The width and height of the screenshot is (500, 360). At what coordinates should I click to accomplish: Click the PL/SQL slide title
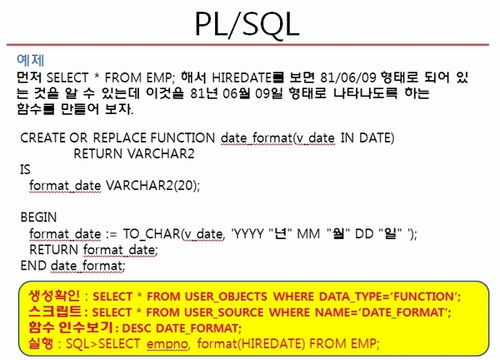247,24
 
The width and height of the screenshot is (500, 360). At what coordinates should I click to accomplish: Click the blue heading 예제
31,60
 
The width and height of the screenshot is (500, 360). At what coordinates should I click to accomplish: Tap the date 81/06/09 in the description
348,77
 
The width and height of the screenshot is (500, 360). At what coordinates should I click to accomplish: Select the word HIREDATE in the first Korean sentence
242,77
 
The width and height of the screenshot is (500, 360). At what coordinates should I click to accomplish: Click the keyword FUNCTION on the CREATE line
182,137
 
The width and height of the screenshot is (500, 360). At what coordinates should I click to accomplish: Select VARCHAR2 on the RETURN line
161,153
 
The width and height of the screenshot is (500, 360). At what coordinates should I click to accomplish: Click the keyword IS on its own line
25,170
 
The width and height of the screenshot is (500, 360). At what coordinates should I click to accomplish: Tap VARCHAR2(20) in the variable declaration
152,186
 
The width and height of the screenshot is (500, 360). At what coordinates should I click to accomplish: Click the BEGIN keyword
38,217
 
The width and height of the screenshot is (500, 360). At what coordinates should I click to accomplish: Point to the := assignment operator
112,235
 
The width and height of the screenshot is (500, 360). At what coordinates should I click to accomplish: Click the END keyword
33,265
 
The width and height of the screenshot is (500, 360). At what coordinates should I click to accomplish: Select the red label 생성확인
54,296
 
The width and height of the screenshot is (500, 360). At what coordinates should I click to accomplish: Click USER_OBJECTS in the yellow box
226,297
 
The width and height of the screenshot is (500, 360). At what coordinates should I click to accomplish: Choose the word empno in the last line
168,344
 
